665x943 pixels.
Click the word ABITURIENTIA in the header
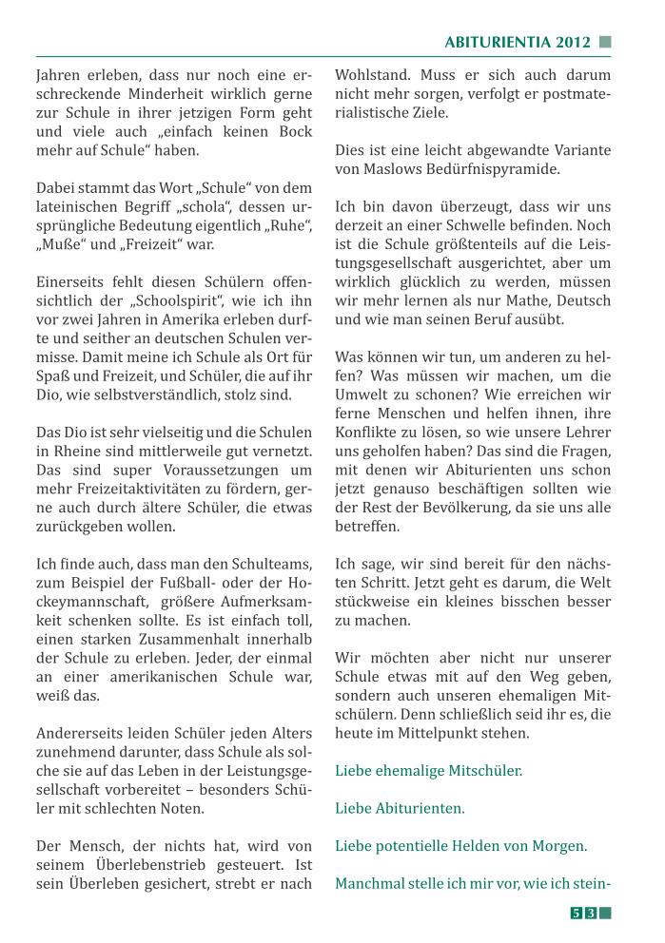point(498,42)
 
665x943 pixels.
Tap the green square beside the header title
point(605,42)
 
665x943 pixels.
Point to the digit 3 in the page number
point(591,914)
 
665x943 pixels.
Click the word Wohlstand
point(372,74)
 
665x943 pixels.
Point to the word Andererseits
point(81,734)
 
